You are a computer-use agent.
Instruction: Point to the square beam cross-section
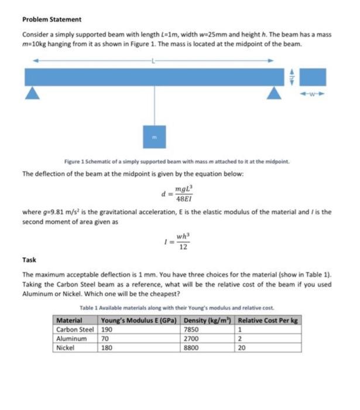316,76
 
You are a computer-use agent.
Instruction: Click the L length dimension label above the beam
153,60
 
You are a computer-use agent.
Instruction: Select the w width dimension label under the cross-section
316,93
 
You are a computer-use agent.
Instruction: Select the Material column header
68,320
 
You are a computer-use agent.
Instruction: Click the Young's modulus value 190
107,329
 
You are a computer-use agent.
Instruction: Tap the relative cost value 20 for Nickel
242,347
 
